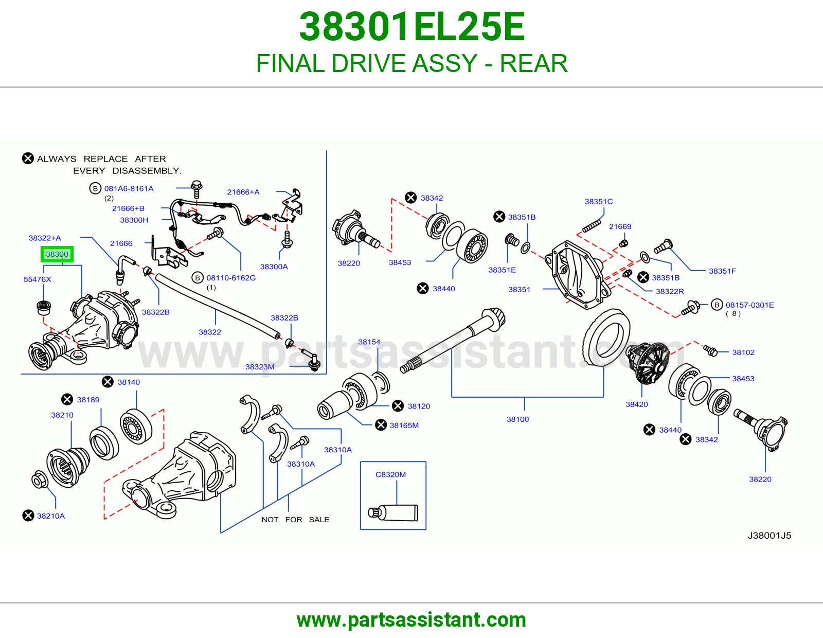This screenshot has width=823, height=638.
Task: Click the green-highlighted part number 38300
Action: pyautogui.click(x=57, y=254)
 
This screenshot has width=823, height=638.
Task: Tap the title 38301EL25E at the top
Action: pyautogui.click(x=411, y=27)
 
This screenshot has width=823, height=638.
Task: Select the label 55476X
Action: pyautogui.click(x=37, y=279)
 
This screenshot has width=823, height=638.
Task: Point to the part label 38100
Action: pyautogui.click(x=518, y=419)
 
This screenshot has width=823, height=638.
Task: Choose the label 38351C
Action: pyautogui.click(x=598, y=202)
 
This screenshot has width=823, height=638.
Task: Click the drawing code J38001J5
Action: pyautogui.click(x=769, y=535)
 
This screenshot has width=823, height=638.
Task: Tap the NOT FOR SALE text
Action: pyautogui.click(x=295, y=520)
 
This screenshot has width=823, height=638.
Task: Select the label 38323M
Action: pyautogui.click(x=260, y=367)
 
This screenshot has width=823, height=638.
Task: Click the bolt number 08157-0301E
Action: pyautogui.click(x=749, y=305)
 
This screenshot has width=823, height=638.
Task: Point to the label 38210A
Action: pyautogui.click(x=51, y=516)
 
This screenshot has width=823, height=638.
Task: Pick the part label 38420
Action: pyautogui.click(x=637, y=404)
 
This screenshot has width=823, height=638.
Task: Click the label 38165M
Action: pyautogui.click(x=404, y=425)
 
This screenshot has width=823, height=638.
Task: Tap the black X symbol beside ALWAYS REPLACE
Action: pyautogui.click(x=28, y=158)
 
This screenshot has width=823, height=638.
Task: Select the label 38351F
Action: pyautogui.click(x=722, y=271)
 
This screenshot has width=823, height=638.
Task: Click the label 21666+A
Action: pyautogui.click(x=243, y=192)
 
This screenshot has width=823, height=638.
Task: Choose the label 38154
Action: pyautogui.click(x=369, y=342)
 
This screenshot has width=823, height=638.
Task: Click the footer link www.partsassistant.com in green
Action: pyautogui.click(x=411, y=620)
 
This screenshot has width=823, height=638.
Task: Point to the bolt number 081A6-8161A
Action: pyautogui.click(x=129, y=188)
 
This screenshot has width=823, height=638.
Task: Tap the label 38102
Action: pyautogui.click(x=743, y=352)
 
